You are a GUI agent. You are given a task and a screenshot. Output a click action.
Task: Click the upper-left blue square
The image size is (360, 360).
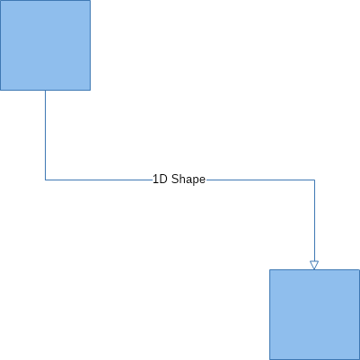click(45, 45)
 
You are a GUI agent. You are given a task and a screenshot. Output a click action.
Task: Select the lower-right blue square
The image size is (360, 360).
click(314, 314)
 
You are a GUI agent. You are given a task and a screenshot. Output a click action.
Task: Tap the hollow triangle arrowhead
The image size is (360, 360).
click(314, 265)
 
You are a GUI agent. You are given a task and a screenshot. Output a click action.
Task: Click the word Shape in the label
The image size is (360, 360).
click(189, 180)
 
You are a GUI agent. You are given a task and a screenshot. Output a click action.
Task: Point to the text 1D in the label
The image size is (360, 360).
click(161, 180)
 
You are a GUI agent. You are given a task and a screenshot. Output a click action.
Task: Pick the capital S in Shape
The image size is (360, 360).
click(175, 180)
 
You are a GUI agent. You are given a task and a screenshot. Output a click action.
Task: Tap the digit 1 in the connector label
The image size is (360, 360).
click(155, 180)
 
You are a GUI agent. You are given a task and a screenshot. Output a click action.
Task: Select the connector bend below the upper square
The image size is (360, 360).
click(45, 180)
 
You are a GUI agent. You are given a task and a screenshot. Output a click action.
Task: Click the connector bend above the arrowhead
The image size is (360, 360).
click(314, 180)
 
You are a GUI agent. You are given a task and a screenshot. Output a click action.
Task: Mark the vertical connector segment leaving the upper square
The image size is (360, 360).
click(45, 135)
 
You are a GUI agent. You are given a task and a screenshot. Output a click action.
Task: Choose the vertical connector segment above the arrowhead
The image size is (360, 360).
click(314, 221)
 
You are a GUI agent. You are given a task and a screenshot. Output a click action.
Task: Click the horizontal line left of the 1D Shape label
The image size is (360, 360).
click(99, 180)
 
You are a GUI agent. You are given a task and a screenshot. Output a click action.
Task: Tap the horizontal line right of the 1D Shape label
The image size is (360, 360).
click(260, 180)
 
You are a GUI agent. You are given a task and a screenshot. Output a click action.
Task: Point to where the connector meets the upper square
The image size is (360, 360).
click(45, 90)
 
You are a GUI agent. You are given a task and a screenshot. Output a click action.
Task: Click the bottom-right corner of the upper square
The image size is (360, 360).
click(90, 90)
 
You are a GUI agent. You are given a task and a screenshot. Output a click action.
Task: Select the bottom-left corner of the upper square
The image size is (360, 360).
click(0, 90)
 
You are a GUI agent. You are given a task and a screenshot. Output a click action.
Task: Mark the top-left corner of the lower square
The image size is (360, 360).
click(269, 269)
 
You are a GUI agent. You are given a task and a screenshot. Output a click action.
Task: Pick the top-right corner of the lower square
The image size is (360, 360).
click(359, 269)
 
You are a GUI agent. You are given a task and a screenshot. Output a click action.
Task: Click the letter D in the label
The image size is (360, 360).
click(164, 180)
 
